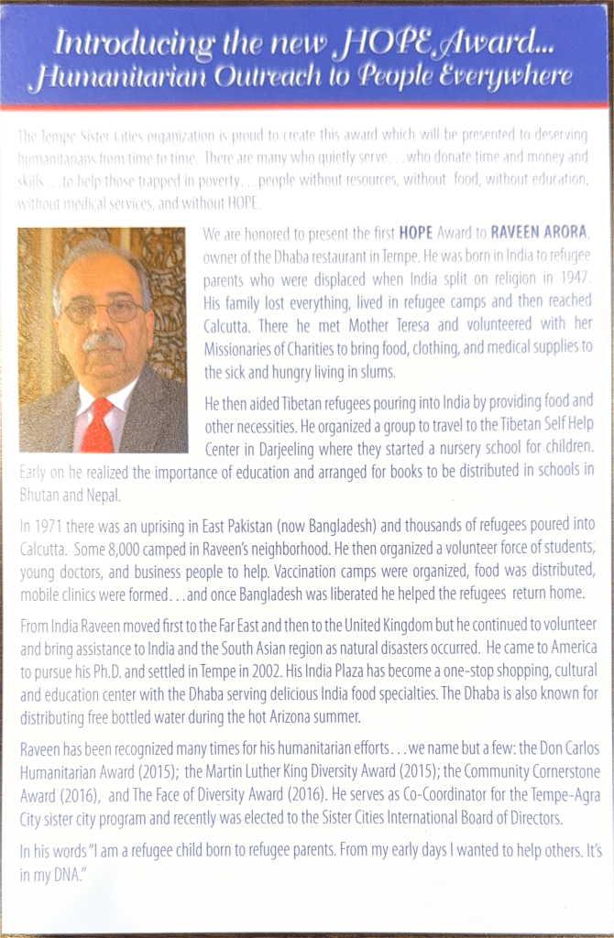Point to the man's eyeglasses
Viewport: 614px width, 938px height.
point(102,311)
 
